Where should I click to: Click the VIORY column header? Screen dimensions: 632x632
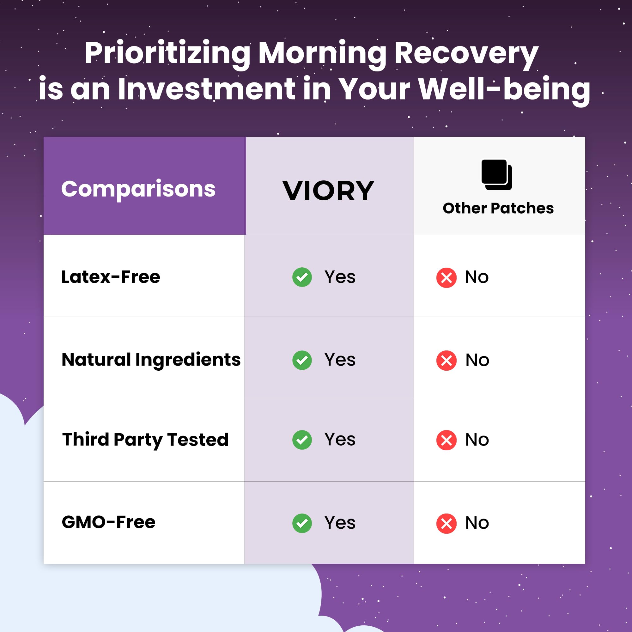(x=328, y=191)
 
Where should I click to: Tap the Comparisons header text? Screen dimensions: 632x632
(x=138, y=189)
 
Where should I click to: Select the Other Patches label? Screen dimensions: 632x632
(x=498, y=208)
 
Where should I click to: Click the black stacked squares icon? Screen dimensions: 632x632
(x=496, y=175)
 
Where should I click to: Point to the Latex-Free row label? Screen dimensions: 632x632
(x=111, y=277)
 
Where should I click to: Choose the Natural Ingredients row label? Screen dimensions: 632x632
(x=151, y=360)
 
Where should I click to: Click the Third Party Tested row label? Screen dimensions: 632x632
(x=145, y=439)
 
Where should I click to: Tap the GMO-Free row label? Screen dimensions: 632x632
(x=108, y=522)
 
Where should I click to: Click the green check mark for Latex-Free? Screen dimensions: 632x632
(x=302, y=277)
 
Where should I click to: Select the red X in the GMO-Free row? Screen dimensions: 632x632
(x=446, y=523)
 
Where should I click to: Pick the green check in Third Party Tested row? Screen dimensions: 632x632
(x=302, y=440)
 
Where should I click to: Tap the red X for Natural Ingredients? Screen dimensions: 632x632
(x=446, y=361)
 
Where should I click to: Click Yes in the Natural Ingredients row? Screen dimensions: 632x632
(x=340, y=360)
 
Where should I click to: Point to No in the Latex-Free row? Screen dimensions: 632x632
(x=477, y=277)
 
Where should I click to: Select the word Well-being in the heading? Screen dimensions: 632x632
(x=504, y=89)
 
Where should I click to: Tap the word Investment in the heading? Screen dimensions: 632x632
(x=206, y=89)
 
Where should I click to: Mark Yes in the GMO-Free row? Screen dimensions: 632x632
(x=340, y=523)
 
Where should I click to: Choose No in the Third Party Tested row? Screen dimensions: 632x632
(x=477, y=440)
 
